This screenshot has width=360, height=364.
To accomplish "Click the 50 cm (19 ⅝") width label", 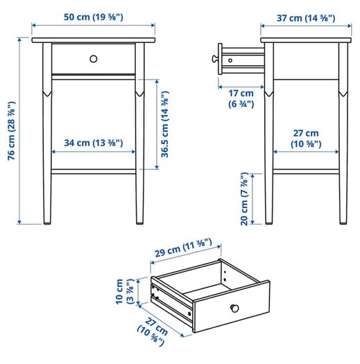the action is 94,17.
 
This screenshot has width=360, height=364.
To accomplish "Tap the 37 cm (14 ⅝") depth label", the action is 306,18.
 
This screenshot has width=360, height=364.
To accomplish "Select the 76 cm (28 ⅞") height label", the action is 12,131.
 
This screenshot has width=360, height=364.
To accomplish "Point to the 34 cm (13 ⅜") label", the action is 94,143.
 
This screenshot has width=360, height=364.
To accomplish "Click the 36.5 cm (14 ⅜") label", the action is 165,124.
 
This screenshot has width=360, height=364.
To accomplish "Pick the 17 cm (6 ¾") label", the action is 241,98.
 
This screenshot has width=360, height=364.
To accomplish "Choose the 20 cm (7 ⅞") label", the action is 245,199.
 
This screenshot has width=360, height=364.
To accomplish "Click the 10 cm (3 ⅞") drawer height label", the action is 125,292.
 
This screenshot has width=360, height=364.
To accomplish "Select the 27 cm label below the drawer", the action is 153,332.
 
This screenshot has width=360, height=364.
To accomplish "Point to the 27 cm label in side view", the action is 306,139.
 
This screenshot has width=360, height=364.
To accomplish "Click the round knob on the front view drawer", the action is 94,59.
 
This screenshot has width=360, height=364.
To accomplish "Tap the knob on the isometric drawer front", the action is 234,309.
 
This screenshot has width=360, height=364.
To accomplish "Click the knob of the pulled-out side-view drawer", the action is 214,58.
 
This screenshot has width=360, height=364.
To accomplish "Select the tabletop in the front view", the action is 94,40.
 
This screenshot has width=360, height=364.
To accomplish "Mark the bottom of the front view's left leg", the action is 47,223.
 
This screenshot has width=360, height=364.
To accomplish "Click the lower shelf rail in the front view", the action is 94,172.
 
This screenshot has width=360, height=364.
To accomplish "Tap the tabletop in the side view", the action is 306,40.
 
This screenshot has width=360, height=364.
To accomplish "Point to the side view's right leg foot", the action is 343,223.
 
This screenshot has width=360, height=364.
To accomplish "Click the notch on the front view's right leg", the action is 139,94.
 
